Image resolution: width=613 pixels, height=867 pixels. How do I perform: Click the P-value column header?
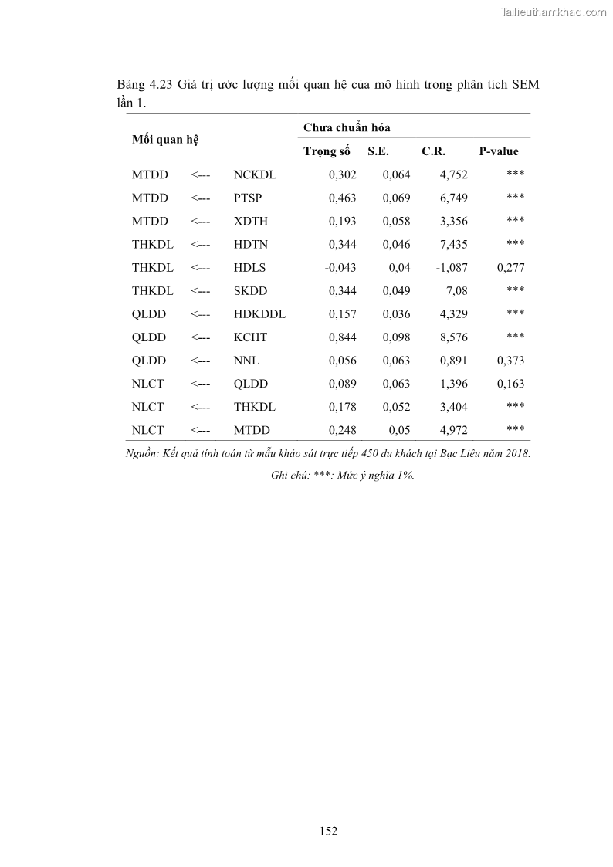pyautogui.click(x=499, y=151)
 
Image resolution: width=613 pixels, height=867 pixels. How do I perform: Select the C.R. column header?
pyautogui.click(x=433, y=151)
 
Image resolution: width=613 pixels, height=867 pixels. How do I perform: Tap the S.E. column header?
pyautogui.click(x=378, y=151)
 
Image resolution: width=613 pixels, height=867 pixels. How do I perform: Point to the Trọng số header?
pyautogui.click(x=327, y=151)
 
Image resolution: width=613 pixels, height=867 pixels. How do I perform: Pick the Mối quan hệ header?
pyautogui.click(x=165, y=139)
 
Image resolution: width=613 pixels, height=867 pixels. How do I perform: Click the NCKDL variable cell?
pyautogui.click(x=255, y=174)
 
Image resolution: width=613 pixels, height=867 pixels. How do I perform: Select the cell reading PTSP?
pyautogui.click(x=248, y=198)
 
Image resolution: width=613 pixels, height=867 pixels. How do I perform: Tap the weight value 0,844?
pyautogui.click(x=342, y=337)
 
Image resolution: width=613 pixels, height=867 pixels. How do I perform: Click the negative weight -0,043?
pyautogui.click(x=340, y=267)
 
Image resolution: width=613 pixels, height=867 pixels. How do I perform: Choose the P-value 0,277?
pyautogui.click(x=510, y=267)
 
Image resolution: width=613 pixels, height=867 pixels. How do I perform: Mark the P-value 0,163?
pyautogui.click(x=510, y=383)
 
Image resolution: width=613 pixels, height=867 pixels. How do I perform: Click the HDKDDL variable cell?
pyautogui.click(x=259, y=313)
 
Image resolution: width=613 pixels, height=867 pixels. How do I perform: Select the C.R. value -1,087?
pyautogui.click(x=451, y=267)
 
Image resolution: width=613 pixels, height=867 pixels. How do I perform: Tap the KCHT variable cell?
pyautogui.click(x=250, y=337)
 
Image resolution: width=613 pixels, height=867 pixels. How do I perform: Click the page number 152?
pyautogui.click(x=328, y=831)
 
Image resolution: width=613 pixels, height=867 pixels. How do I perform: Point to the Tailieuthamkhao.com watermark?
pyautogui.click(x=554, y=12)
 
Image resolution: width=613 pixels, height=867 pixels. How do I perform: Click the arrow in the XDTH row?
pyautogui.click(x=200, y=221)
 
